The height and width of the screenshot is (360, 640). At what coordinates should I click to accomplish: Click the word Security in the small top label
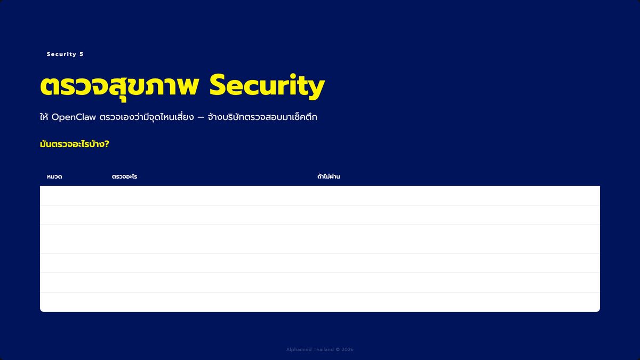point(61,54)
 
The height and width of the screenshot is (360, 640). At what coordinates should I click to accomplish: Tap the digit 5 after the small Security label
point(82,54)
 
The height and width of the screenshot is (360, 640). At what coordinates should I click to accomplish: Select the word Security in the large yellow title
point(267,86)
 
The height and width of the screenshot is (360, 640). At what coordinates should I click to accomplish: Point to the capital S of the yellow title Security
point(219,85)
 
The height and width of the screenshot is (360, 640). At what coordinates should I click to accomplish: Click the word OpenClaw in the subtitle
point(74,117)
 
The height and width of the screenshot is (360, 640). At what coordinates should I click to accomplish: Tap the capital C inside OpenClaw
point(78,117)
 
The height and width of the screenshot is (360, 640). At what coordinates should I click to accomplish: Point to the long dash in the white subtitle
point(201,118)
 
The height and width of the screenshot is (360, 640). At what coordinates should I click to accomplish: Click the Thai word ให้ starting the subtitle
point(44,117)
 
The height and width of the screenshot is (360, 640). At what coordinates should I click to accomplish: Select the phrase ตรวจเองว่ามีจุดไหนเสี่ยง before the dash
point(147,117)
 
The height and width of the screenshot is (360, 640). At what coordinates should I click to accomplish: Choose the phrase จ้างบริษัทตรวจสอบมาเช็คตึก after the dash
point(262,117)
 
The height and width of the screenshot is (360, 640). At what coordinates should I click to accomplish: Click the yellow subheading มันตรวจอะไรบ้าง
point(75,144)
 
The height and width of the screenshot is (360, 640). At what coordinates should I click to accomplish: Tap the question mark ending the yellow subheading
point(107,144)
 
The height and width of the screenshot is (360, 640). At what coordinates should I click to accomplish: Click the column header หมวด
point(54,177)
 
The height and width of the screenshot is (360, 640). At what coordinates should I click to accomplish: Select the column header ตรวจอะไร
point(125,177)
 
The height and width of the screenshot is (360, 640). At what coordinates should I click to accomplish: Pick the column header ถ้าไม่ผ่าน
point(329,177)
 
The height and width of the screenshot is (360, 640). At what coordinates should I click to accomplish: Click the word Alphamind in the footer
point(299,349)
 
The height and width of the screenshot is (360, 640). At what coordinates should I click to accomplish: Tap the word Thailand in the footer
point(323,349)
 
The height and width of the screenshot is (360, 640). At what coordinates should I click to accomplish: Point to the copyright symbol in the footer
point(338,349)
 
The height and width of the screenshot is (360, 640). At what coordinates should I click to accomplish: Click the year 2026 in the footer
point(347,349)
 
